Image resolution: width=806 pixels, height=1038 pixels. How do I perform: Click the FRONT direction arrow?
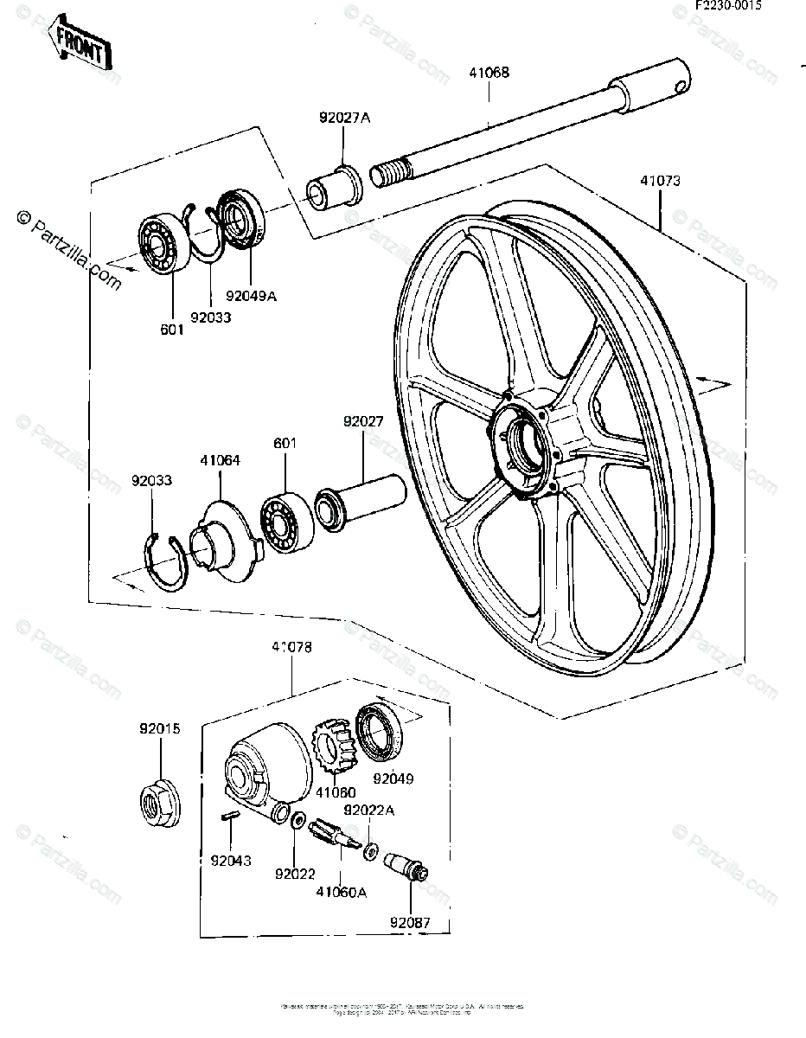coord(80,44)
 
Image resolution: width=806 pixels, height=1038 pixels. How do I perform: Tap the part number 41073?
coord(660,182)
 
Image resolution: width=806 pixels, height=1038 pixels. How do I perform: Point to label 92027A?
coord(344,119)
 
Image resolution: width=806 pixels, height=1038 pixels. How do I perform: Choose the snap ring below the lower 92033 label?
coord(165,562)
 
